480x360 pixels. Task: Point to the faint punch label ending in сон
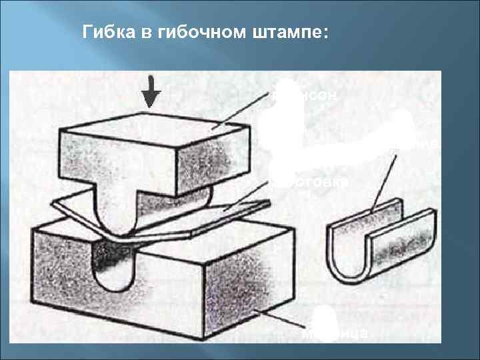point(317,96)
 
